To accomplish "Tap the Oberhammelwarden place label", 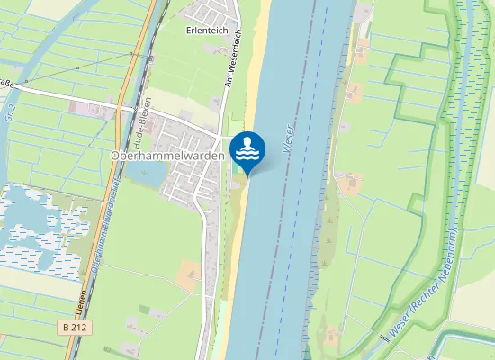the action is click(x=167, y=155).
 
